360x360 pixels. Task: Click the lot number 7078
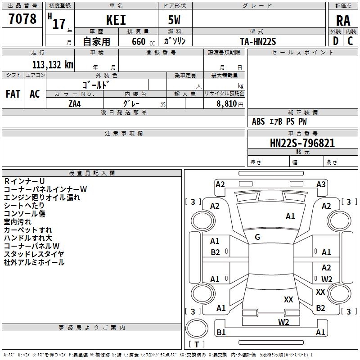pyautogui.click(x=22, y=19)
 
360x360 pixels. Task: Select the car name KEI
pyautogui.click(x=116, y=20)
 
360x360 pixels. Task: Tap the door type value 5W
pyautogui.click(x=175, y=20)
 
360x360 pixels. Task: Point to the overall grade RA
pyautogui.click(x=343, y=20)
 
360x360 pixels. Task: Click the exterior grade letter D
pyautogui.click(x=336, y=40)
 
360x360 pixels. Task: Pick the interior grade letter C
pyautogui.click(x=351, y=40)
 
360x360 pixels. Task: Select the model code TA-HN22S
pyautogui.click(x=258, y=41)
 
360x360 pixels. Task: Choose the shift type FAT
pyautogui.click(x=13, y=94)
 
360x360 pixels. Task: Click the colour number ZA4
pyautogui.click(x=75, y=103)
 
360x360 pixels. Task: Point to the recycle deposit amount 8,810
pyautogui.click(x=226, y=103)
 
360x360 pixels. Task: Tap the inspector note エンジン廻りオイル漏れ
pyautogui.click(x=42, y=197)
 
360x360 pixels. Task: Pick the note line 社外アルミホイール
pyautogui.click(x=34, y=262)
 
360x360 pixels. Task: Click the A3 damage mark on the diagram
pyautogui.click(x=321, y=184)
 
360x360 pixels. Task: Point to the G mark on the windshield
pyautogui.click(x=257, y=237)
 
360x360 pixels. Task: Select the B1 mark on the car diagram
pyautogui.click(x=221, y=333)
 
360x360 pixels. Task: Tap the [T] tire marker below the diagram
pyautogui.click(x=197, y=344)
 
